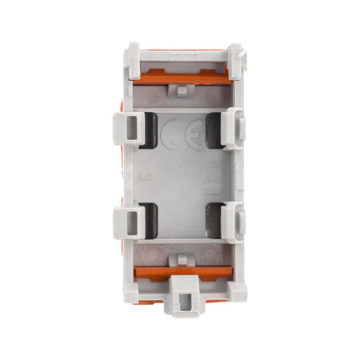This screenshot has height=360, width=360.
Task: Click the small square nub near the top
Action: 181,90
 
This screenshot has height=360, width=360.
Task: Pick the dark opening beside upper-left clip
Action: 148,128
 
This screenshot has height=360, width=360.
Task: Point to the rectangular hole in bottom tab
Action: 182,302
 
